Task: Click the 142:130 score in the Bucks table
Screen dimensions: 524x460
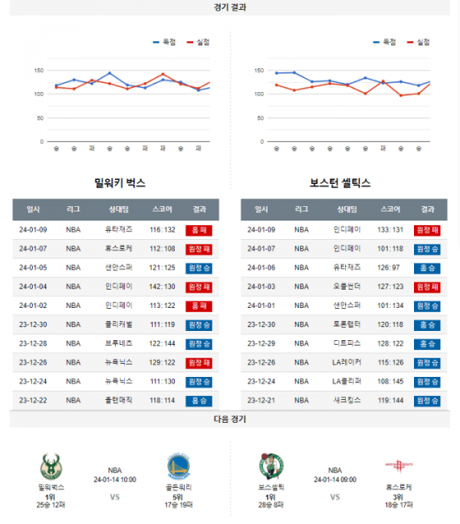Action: coord(163,287)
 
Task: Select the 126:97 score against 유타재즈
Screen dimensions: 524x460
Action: coord(389,267)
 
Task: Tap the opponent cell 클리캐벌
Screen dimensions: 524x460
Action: coord(119,325)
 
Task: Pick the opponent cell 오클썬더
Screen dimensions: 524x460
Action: coord(347,287)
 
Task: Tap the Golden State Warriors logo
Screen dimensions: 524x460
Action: coord(179,467)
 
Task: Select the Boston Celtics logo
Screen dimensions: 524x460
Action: coord(271,467)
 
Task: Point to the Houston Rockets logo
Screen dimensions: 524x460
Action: coord(399,467)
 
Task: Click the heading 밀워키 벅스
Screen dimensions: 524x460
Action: coord(120,183)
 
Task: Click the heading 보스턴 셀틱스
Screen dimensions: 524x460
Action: coord(340,183)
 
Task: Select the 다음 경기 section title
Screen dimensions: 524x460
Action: coord(230,419)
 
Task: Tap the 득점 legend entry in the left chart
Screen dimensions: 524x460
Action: coord(164,41)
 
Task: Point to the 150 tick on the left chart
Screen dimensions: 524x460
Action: coord(39,70)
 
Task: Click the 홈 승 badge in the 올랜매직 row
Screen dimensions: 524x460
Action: coord(199,401)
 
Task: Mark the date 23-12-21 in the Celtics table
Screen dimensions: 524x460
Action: coord(261,401)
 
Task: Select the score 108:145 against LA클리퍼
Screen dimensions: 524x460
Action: coord(389,382)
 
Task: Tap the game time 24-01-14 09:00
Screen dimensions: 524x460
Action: coord(335,480)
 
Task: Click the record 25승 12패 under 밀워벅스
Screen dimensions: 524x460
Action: coord(51,505)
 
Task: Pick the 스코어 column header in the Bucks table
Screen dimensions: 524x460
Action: coord(163,209)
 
